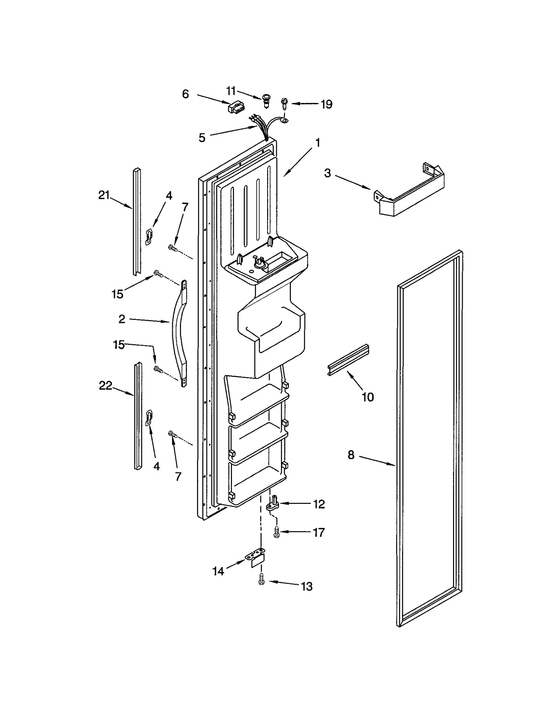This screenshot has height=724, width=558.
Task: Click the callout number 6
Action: coord(186,94)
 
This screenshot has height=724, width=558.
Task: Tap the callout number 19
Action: coord(326,104)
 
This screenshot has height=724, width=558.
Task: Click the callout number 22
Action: coord(105,386)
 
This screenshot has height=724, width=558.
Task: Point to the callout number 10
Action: coord(368,397)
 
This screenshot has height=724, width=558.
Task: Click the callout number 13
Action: coord(307,587)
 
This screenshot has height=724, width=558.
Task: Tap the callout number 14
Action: coord(218,571)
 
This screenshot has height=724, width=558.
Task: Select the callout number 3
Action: coord(327,173)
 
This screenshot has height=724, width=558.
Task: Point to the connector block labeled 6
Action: coord(235,107)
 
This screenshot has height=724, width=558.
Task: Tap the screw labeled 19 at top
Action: coord(284,103)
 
